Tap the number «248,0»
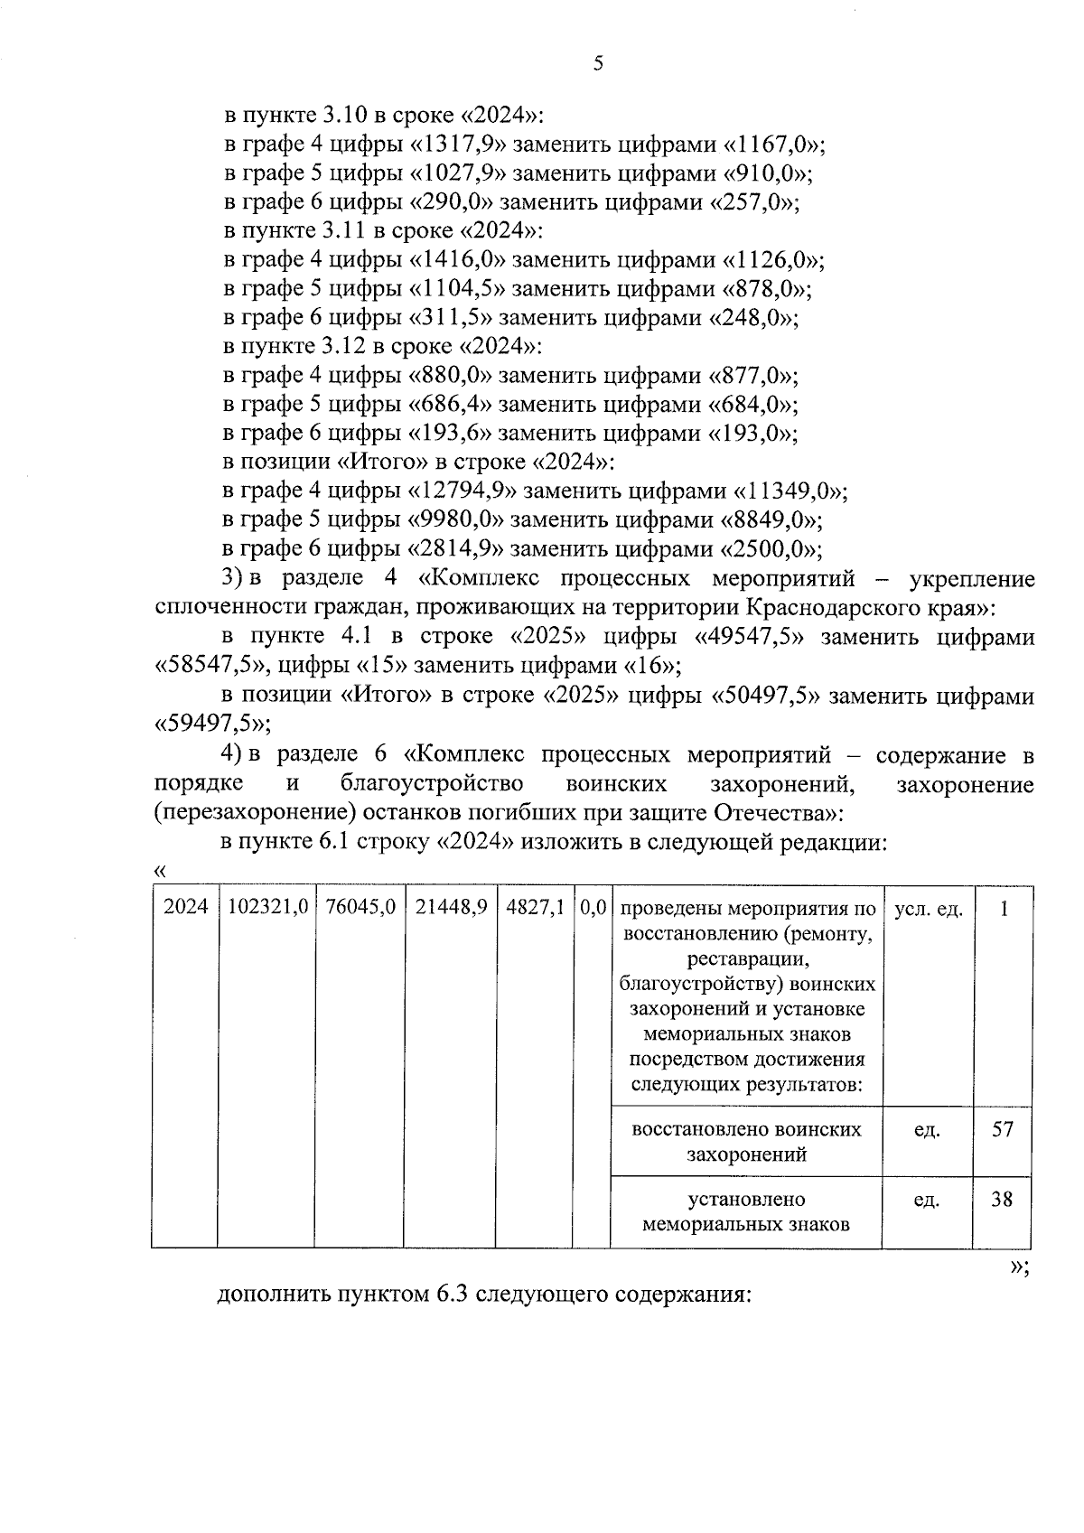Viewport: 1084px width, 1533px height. pos(753,318)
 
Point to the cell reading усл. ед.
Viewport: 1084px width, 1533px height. pos(928,909)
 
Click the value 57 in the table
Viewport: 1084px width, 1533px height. pos(1003,1129)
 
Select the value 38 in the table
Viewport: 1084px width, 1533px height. pos(1003,1200)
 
